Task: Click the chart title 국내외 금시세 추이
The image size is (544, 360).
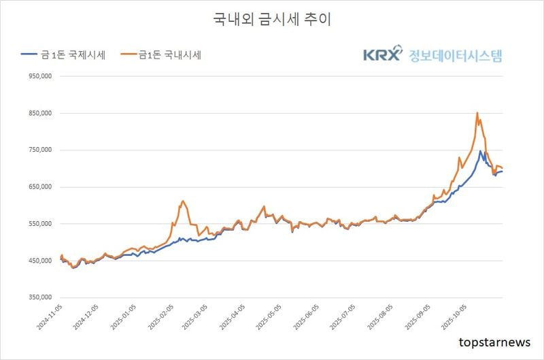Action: pos(271,20)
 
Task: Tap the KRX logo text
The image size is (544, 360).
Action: pos(383,55)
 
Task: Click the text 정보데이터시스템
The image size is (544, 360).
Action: pos(455,55)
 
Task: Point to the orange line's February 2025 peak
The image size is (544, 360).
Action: pos(183,201)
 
